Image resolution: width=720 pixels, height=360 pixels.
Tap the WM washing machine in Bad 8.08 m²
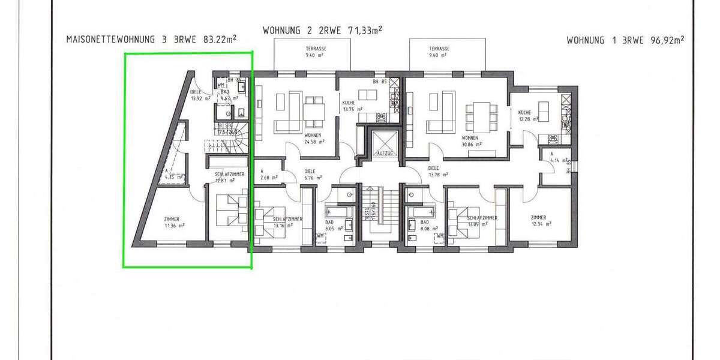point(440,236)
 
